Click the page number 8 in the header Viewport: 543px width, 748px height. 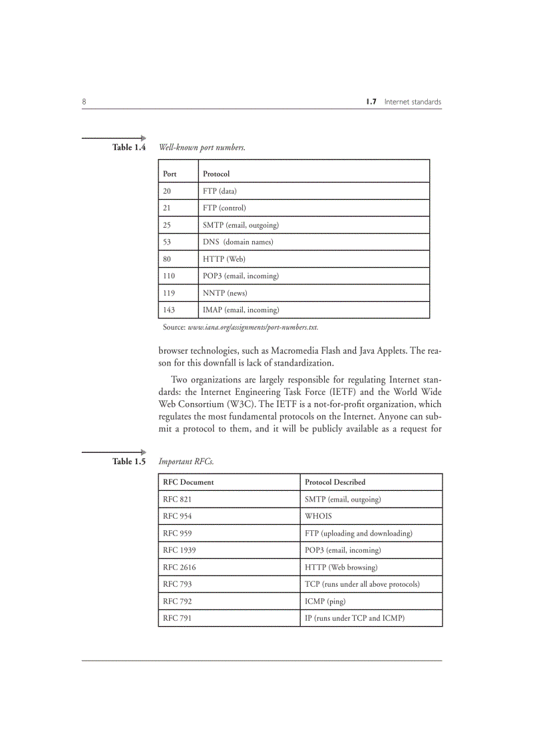[84, 102]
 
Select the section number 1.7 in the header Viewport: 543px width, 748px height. [371, 102]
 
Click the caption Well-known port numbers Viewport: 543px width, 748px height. [202, 147]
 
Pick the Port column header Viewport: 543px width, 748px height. [170, 174]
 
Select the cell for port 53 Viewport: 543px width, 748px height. [168, 242]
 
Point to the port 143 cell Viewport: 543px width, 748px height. [170, 310]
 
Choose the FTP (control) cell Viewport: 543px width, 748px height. [224, 208]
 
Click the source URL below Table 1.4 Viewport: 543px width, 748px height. [253, 327]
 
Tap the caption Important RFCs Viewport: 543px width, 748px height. [186, 461]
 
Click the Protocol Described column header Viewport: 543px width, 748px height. [335, 482]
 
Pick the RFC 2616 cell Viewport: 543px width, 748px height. [180, 567]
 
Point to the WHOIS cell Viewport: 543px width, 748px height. [318, 516]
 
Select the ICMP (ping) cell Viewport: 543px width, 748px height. [325, 601]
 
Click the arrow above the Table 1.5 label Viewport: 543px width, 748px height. [114, 452]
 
